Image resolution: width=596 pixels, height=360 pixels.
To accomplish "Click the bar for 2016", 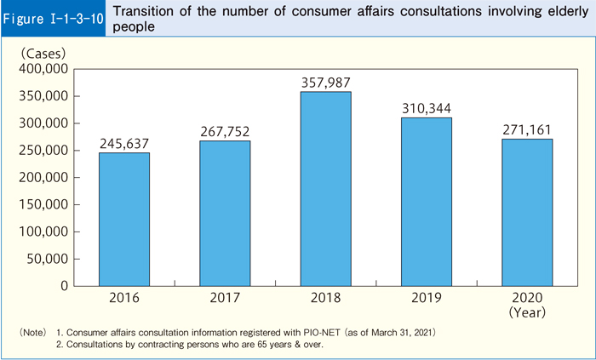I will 124,219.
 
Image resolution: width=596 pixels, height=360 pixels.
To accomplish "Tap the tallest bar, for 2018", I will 325,188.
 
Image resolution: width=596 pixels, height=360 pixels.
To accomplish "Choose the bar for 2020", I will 526,212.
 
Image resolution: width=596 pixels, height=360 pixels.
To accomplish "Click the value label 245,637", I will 124,143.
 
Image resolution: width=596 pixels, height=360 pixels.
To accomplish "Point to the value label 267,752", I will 225,131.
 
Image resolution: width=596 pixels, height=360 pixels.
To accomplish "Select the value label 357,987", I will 325,82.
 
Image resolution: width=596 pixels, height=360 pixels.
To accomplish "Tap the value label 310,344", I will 426,108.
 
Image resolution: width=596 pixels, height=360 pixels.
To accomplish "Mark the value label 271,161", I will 526,129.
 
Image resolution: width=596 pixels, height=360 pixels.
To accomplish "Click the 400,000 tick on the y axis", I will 42,69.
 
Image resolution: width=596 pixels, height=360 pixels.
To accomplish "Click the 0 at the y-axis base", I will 64,286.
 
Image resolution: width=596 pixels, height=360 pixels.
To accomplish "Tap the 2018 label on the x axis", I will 325,300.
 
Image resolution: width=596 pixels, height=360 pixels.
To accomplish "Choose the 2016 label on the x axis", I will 124,300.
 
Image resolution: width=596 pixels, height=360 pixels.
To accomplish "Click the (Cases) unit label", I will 43,52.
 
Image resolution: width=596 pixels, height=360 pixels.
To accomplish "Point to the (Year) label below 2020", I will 526,313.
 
